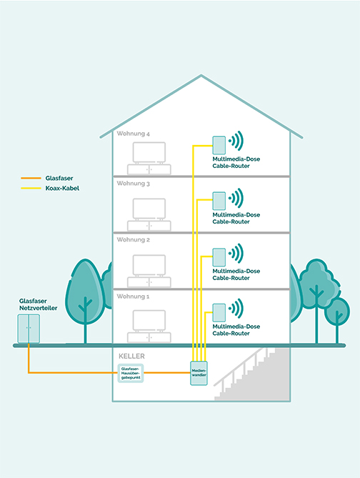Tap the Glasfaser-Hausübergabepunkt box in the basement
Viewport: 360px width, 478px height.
coord(130,372)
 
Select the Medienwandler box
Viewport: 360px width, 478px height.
coord(199,372)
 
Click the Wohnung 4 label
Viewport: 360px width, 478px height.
coord(133,134)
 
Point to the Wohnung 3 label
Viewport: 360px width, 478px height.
coord(133,184)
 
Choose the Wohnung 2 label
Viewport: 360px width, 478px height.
coord(133,239)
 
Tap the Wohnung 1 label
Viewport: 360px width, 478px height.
coord(133,295)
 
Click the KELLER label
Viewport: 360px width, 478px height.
coord(130,354)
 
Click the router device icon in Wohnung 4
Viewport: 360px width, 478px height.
coord(219,144)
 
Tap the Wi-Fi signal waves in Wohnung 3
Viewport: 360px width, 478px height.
coord(236,198)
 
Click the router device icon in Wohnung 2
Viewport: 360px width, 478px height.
coord(219,254)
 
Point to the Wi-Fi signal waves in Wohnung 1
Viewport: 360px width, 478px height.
coord(236,310)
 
